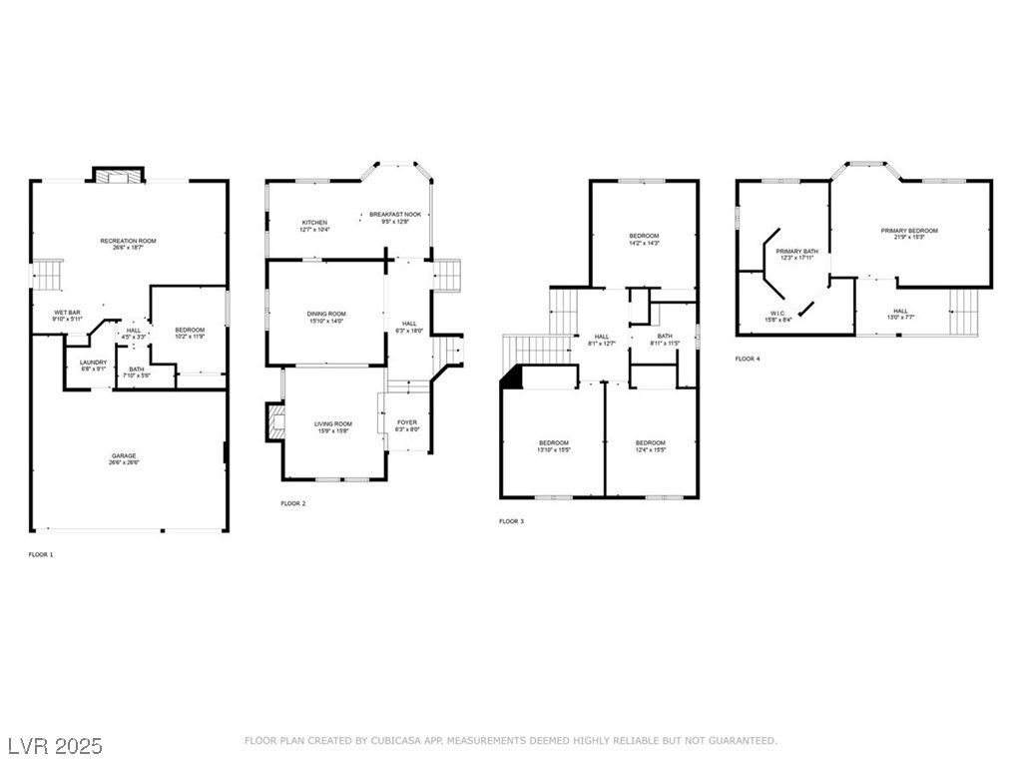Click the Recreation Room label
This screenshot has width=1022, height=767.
[x=128, y=241]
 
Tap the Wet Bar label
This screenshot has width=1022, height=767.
[x=68, y=314]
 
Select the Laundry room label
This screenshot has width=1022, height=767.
[x=94, y=363]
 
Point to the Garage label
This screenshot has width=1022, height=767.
[x=124, y=456]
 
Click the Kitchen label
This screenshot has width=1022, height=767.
[x=314, y=223]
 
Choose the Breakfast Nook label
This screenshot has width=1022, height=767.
[x=396, y=215]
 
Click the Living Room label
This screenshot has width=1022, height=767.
[x=333, y=423]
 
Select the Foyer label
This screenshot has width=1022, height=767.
[x=407, y=422]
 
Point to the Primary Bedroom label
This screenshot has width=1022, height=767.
[x=909, y=231]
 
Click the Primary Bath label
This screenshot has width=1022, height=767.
[x=796, y=251]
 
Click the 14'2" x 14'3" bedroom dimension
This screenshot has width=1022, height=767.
[x=644, y=243]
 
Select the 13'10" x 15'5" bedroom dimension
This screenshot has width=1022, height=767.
[x=554, y=450]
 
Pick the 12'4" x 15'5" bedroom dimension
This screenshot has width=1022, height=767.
[x=651, y=450]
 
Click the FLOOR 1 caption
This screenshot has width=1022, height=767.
[x=41, y=553]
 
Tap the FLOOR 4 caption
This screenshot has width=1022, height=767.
[x=748, y=359]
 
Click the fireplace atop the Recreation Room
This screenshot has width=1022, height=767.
[x=119, y=175]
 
